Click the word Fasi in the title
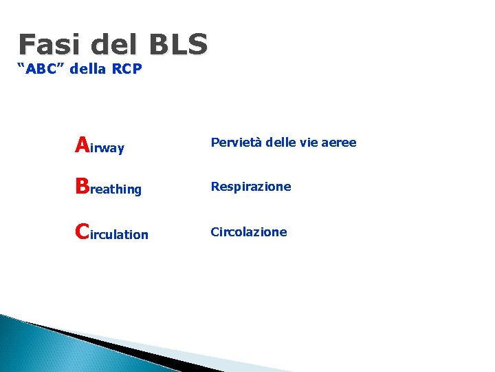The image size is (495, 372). pyautogui.click(x=47, y=45)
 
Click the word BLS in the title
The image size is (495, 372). pyautogui.click(x=177, y=45)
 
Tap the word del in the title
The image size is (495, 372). pyautogui.click(x=112, y=45)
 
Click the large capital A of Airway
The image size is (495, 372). pyautogui.click(x=82, y=145)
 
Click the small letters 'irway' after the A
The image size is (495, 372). pyautogui.click(x=107, y=148)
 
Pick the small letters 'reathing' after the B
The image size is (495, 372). pyautogui.click(x=115, y=189)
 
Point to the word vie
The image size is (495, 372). pyautogui.click(x=306, y=143)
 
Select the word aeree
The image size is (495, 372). pyautogui.click(x=340, y=143)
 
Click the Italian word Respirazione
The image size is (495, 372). pyautogui.click(x=250, y=187)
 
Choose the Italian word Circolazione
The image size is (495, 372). pyautogui.click(x=248, y=232)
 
